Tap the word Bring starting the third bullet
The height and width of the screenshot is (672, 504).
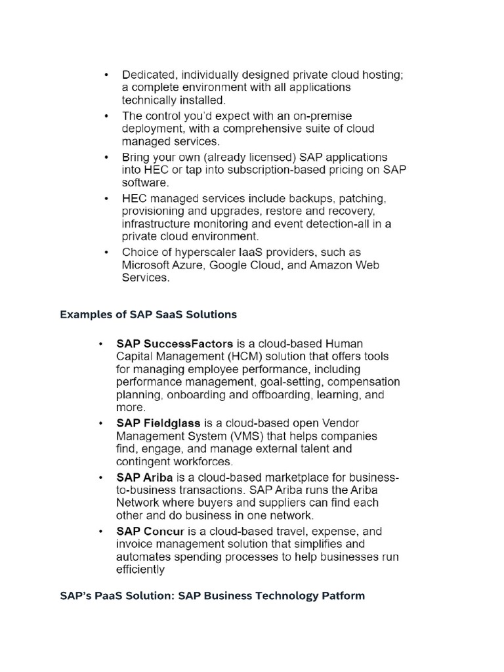point(136,157)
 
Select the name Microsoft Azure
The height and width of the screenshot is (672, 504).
point(157,265)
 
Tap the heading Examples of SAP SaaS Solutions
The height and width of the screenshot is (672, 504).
point(148,314)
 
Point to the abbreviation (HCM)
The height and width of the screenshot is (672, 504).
point(248,356)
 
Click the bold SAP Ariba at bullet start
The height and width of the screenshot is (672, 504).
point(144,478)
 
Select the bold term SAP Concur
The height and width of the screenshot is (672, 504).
point(150,532)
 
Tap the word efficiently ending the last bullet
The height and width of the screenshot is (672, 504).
point(140,570)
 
